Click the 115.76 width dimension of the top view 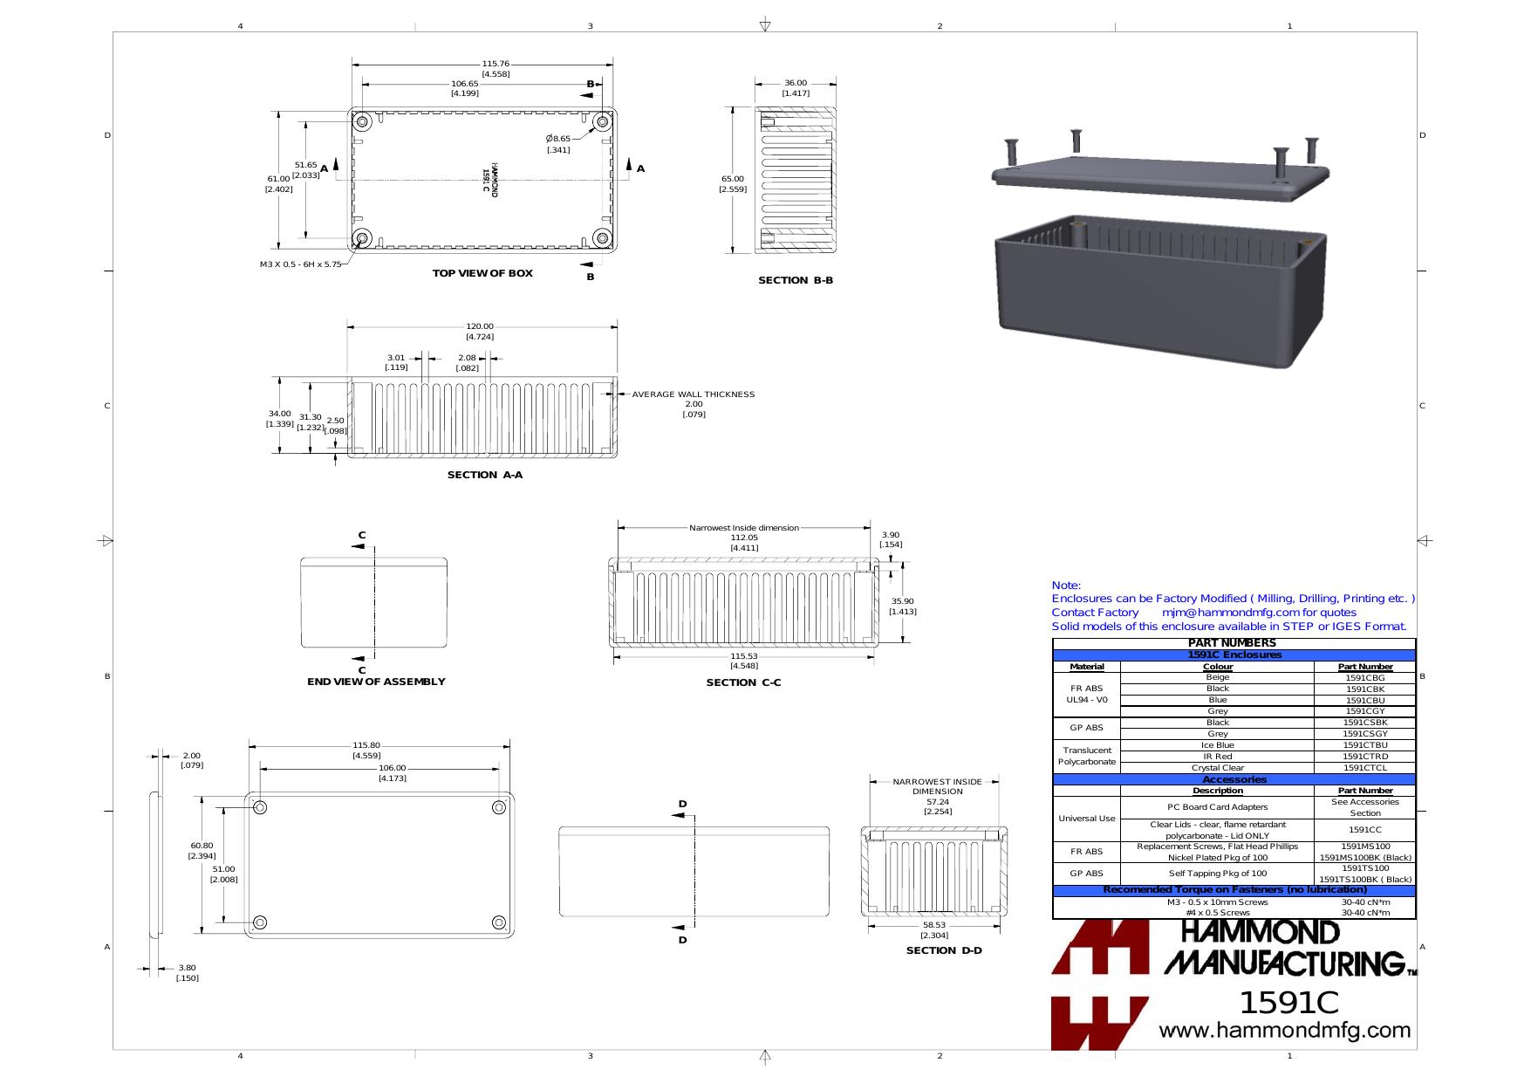[496, 64]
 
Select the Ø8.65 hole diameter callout [558, 139]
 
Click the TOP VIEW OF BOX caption [482, 273]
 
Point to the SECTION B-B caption [796, 280]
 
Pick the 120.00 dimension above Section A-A [480, 326]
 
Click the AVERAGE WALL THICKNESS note [694, 394]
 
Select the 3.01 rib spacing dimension [396, 358]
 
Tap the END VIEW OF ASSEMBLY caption [376, 682]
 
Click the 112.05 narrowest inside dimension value [744, 538]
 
